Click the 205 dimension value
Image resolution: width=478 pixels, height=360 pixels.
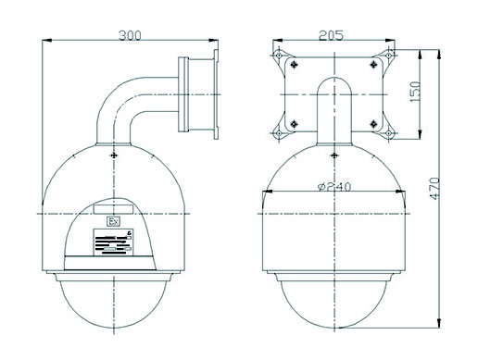pyautogui.click(x=331, y=35)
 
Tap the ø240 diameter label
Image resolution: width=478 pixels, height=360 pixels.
pyautogui.click(x=332, y=187)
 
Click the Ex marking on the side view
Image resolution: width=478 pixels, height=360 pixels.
pyautogui.click(x=114, y=222)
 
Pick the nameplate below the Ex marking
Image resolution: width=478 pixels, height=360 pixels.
pyautogui.click(x=113, y=243)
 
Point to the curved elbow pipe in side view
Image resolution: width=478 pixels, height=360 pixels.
pyautogui.click(x=130, y=102)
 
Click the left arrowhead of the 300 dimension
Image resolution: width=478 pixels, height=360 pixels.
pyautogui.click(x=48, y=43)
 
